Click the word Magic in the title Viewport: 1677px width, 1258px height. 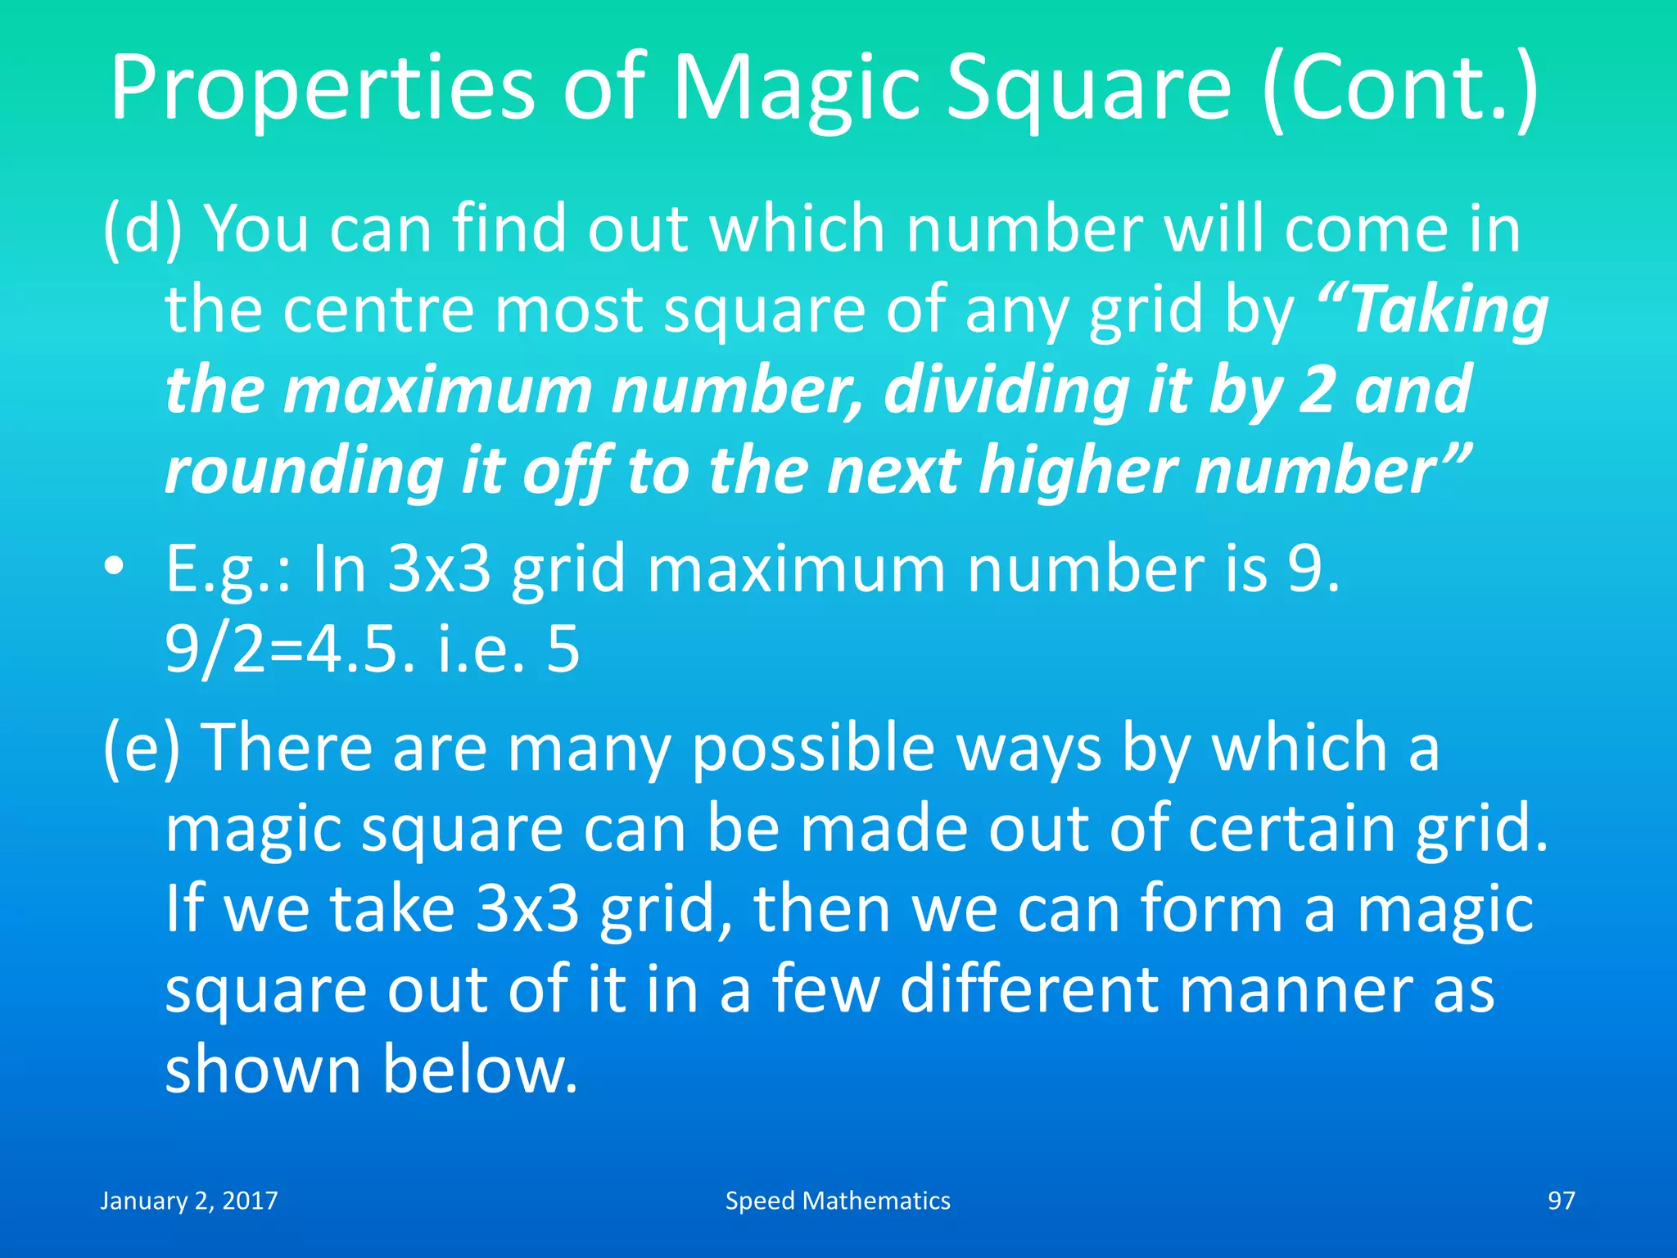pyautogui.click(x=797, y=88)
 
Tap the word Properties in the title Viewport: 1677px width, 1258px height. pyautogui.click(x=323, y=88)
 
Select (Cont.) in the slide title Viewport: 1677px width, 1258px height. pyautogui.click(x=1400, y=88)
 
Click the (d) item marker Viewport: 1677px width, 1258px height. pyautogui.click(x=142, y=230)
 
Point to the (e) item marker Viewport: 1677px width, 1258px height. pyautogui.click(x=141, y=748)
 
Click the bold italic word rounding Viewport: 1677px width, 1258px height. pyautogui.click(x=303, y=473)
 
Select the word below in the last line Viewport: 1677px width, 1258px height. pyautogui.click(x=481, y=1070)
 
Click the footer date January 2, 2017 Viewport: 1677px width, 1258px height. pyautogui.click(x=189, y=1201)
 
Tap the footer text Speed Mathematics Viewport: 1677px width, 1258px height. pyautogui.click(x=838, y=1201)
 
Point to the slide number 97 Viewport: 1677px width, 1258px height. pyautogui.click(x=1561, y=1201)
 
